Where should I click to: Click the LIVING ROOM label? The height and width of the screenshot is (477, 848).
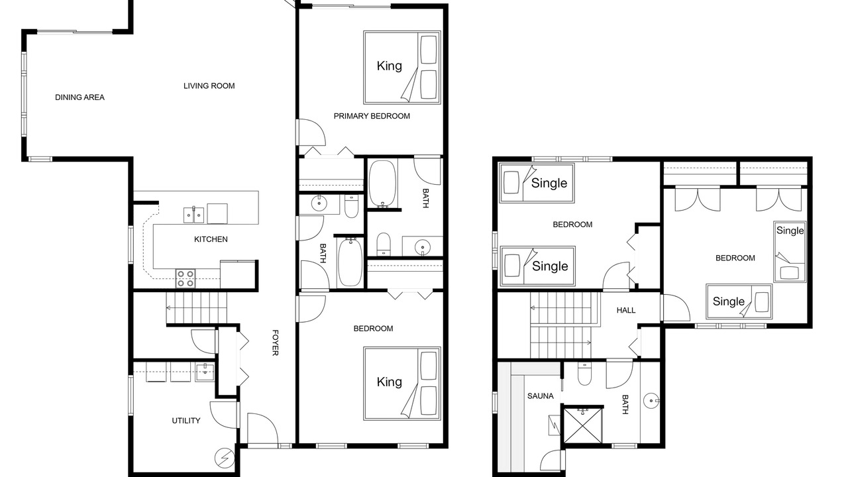209,86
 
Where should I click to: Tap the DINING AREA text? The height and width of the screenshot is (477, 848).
79,97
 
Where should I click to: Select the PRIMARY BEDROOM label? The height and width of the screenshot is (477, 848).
372,116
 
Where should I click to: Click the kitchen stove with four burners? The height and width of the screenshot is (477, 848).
185,278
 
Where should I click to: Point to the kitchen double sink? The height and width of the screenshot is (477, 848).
193,215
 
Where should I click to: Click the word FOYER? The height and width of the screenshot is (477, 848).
275,343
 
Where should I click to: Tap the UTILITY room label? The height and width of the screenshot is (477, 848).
186,421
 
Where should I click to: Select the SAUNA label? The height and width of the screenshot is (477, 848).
540,396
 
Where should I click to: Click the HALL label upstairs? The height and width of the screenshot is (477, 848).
626,311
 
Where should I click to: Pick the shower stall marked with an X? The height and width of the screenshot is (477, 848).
582,425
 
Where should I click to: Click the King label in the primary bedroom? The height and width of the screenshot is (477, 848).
389,66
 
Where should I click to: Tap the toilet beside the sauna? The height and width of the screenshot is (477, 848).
584,374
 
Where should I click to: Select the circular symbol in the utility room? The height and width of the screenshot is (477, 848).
224,458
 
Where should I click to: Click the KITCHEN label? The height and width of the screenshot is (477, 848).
211,239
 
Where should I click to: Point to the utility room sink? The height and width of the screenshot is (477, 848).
205,372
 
